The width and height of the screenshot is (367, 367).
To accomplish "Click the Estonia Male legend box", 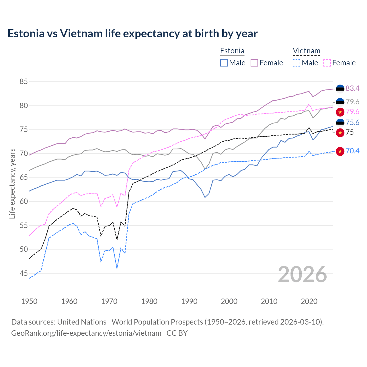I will pyautogui.click(x=224, y=63).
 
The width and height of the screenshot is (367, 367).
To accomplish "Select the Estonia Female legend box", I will pyautogui.click(x=254, y=63).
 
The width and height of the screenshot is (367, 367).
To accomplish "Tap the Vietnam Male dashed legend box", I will pyautogui.click(x=296, y=63).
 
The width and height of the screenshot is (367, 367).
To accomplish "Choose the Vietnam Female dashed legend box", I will pyautogui.click(x=327, y=63).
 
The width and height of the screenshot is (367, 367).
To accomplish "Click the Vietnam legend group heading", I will pyautogui.click(x=306, y=51).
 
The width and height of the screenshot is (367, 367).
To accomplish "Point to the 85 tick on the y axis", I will pyautogui.click(x=24, y=82).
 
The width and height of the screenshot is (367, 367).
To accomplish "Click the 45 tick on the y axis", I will pyautogui.click(x=24, y=274).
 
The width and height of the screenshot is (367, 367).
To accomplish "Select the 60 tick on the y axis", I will pyautogui.click(x=24, y=202).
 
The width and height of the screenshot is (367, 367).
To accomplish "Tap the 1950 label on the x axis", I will pyautogui.click(x=29, y=301).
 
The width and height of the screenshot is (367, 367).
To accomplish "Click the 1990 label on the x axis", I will pyautogui.click(x=189, y=301).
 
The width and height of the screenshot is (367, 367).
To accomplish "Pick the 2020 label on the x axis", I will pyautogui.click(x=309, y=301).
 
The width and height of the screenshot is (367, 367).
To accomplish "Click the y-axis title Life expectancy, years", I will pyautogui.click(x=12, y=183).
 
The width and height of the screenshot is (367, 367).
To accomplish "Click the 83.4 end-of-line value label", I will pyautogui.click(x=352, y=89).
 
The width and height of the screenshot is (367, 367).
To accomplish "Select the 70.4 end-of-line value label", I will pyautogui.click(x=352, y=151).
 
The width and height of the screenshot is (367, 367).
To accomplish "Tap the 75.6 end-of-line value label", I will pyautogui.click(x=352, y=123).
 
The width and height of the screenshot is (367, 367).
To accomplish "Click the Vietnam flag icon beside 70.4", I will pyautogui.click(x=340, y=151).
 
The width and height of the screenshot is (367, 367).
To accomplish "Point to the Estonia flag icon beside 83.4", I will pyautogui.click(x=340, y=89).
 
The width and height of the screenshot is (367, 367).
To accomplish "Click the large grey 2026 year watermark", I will pyautogui.click(x=302, y=274).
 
